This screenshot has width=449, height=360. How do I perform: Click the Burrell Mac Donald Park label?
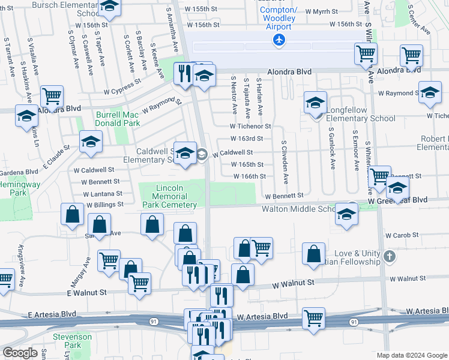click(118, 119)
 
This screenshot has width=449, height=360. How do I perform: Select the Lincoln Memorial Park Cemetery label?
click(170, 196)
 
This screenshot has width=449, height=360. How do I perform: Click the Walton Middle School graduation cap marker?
click(346, 214)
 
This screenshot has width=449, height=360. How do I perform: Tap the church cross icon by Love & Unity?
click(389, 257)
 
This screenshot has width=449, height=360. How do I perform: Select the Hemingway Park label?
click(14, 188)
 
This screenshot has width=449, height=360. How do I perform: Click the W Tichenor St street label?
click(251, 127)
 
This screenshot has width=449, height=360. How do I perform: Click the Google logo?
click(20, 353)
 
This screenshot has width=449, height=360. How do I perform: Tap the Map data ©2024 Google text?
click(411, 355)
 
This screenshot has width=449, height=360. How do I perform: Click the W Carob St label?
click(401, 236)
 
